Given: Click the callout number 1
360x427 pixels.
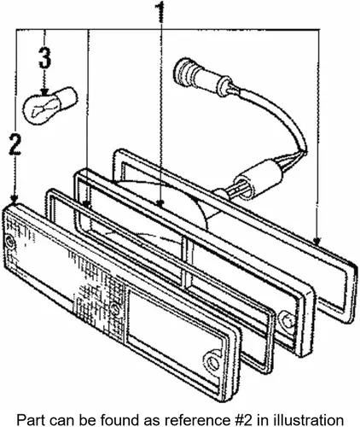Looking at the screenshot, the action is pos(160,14).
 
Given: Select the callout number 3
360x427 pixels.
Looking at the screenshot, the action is pos(44,58).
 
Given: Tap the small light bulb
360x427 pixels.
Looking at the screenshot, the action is pos(50,106).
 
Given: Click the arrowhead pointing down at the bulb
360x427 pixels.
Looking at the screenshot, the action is pos(44,92).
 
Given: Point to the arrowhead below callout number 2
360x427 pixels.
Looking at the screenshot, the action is pos(15,198).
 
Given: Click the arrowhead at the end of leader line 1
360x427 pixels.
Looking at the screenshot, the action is pos(160,203).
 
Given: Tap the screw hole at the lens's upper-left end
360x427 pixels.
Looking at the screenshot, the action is pos(10,243).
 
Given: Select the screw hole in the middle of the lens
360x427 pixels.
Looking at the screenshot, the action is pos(116,308).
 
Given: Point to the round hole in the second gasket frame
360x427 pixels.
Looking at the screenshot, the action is pos(287,320).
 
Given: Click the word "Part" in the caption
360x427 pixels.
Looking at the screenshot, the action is pos(27,420).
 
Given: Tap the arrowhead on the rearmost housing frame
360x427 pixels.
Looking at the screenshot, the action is pos(317,241).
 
